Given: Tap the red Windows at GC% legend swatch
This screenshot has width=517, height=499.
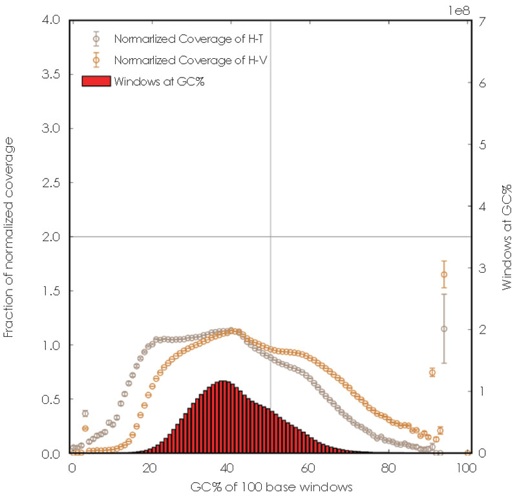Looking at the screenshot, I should coord(96,81).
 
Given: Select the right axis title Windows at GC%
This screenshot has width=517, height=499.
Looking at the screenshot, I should coord(508,237).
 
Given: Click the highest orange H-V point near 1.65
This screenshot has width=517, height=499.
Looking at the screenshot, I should coord(444,274).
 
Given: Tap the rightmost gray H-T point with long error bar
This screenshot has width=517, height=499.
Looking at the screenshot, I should coord(444,328).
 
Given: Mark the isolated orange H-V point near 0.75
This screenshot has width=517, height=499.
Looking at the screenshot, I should coord(432,372).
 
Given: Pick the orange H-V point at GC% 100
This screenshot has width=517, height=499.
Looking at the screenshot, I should coord(467,452).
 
